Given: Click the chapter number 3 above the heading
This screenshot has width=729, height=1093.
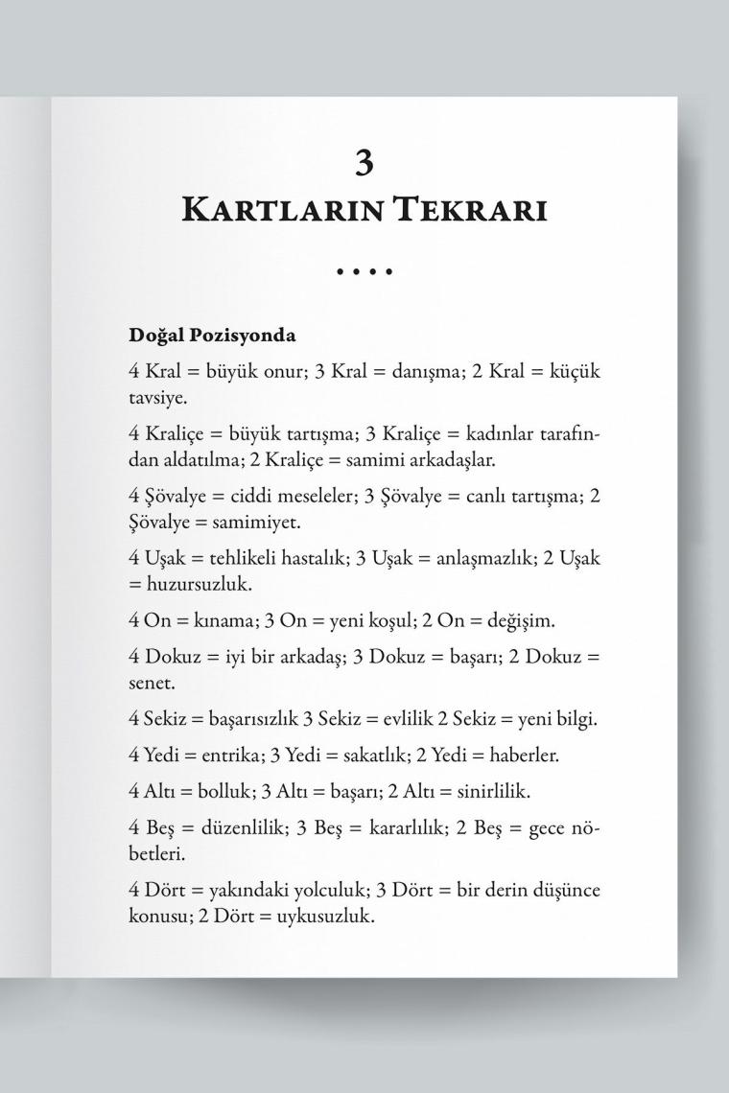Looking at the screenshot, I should tap(364, 163).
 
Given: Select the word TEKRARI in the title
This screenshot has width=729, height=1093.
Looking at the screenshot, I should tap(469, 210).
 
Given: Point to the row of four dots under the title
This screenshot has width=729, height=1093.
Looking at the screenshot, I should tap(364, 272).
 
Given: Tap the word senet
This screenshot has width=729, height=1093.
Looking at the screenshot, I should tap(151, 684).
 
